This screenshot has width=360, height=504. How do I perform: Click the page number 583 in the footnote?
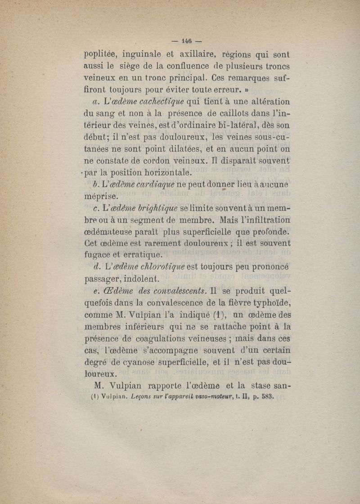[264, 397]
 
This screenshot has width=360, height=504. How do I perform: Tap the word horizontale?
[154, 172]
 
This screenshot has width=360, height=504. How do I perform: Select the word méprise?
[101, 196]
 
